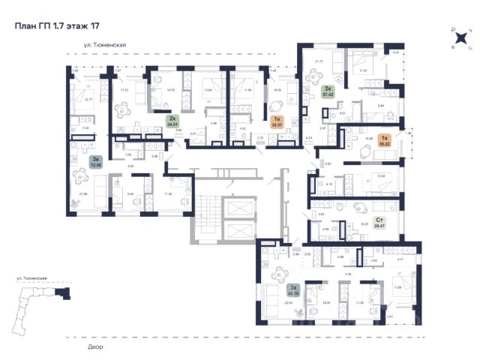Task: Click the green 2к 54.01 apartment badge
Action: point(172,121)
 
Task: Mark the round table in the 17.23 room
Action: point(121,107)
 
